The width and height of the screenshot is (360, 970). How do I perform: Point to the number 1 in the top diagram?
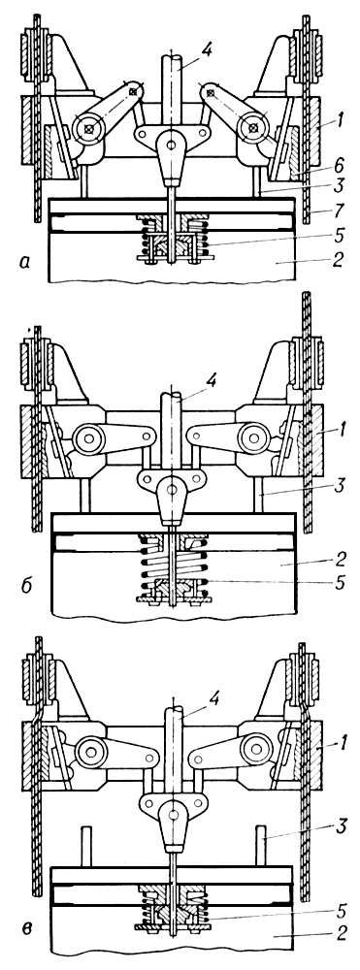pos(333,125)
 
